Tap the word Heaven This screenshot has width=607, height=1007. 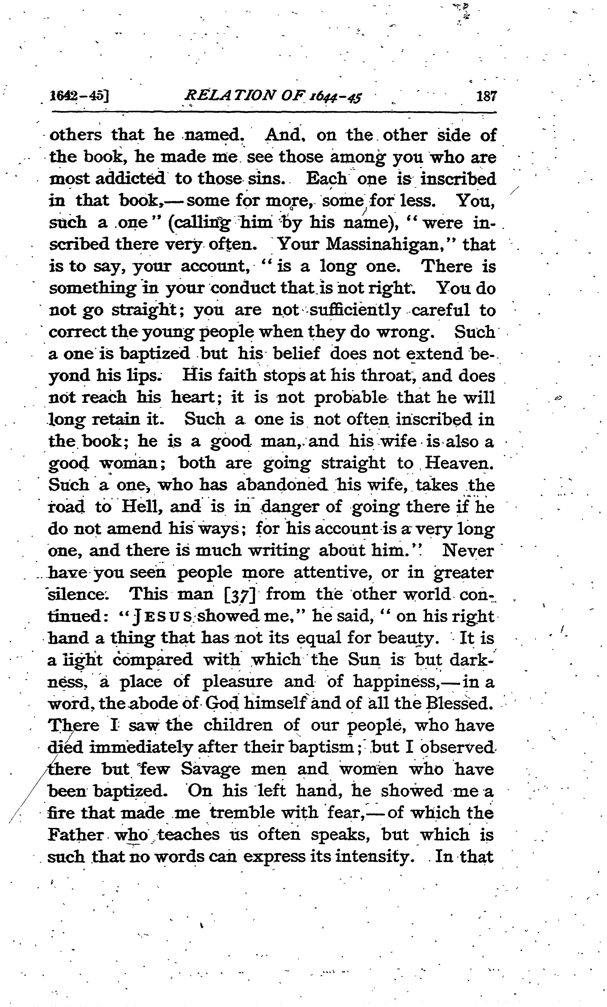tap(459, 463)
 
